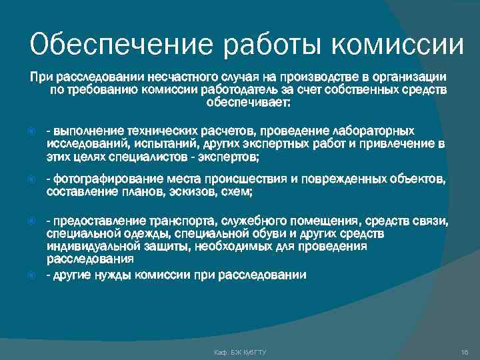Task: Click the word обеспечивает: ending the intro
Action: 248,103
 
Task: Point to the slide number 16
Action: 464,351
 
